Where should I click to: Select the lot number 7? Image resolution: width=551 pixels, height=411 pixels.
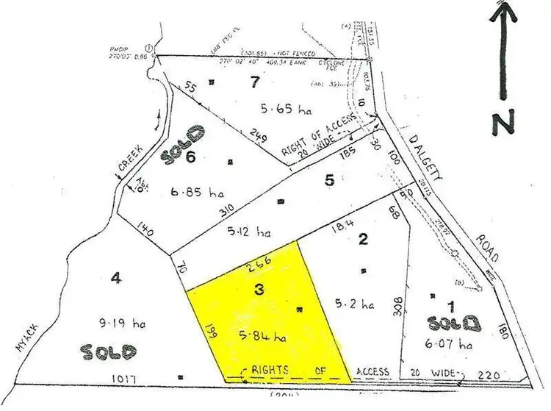click(254, 82)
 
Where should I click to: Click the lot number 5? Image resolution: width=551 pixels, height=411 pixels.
click(329, 179)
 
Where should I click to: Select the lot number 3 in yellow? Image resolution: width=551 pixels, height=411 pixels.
click(259, 290)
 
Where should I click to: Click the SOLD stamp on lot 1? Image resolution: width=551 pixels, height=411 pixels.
click(453, 323)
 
